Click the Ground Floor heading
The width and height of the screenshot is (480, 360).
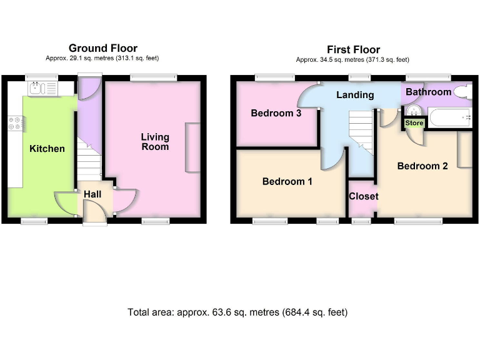103,48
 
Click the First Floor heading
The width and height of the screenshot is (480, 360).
353,49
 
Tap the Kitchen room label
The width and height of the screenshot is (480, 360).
47,149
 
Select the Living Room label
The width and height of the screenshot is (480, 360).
154,141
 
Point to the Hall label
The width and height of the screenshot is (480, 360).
92,194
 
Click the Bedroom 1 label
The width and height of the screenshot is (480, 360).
287,182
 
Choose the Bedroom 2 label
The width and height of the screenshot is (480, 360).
422,166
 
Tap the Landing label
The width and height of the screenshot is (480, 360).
355,95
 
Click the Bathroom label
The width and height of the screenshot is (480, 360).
428,92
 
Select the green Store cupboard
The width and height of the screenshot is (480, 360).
414,124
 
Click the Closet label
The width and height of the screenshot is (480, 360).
363,196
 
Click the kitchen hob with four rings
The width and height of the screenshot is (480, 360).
16,124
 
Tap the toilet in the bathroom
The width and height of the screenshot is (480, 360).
463,92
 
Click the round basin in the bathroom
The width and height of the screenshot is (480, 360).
412,111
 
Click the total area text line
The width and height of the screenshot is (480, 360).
237,312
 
